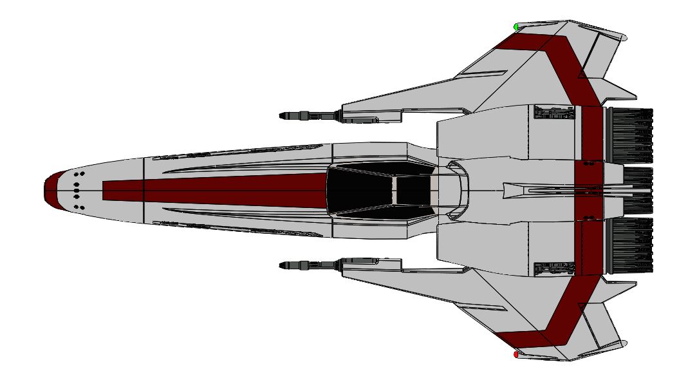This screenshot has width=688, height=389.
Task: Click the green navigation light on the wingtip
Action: click(x=516, y=26)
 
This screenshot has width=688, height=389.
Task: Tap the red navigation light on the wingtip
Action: click(x=516, y=354)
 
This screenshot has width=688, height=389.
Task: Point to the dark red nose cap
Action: click(x=51, y=191)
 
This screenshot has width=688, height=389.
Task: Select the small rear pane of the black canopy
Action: click(x=412, y=191)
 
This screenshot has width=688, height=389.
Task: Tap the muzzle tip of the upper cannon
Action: click(x=281, y=116)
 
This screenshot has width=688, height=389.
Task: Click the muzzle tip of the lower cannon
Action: click(x=281, y=265)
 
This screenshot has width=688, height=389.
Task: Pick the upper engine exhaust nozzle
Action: click(x=629, y=135)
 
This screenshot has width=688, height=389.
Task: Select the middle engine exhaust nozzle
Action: click(x=637, y=191)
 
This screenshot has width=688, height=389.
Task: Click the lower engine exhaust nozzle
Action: click(x=629, y=246)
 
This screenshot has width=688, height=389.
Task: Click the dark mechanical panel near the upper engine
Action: click(x=553, y=113)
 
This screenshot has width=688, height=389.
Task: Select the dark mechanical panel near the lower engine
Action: click(x=553, y=269)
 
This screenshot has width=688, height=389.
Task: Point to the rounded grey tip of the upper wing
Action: click(x=623, y=37)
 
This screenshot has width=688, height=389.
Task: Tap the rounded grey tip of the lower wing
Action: click(x=623, y=343)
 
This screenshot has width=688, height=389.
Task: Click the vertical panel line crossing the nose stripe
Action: click(x=143, y=191)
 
